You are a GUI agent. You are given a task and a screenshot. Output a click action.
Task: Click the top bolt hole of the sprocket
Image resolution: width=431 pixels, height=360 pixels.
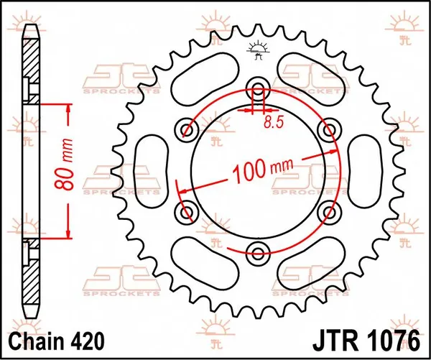[258, 89]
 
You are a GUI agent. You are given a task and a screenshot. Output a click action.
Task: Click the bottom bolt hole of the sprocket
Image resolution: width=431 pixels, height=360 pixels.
[258, 250]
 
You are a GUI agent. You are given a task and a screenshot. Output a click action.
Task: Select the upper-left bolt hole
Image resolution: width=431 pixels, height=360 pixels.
[188, 129]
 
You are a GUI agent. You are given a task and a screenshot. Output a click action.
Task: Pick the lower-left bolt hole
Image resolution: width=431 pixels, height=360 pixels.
[188, 211]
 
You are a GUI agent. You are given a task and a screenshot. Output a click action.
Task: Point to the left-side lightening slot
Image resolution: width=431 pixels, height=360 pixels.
[157, 170]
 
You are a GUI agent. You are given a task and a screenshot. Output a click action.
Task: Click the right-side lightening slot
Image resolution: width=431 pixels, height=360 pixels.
[360, 170]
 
